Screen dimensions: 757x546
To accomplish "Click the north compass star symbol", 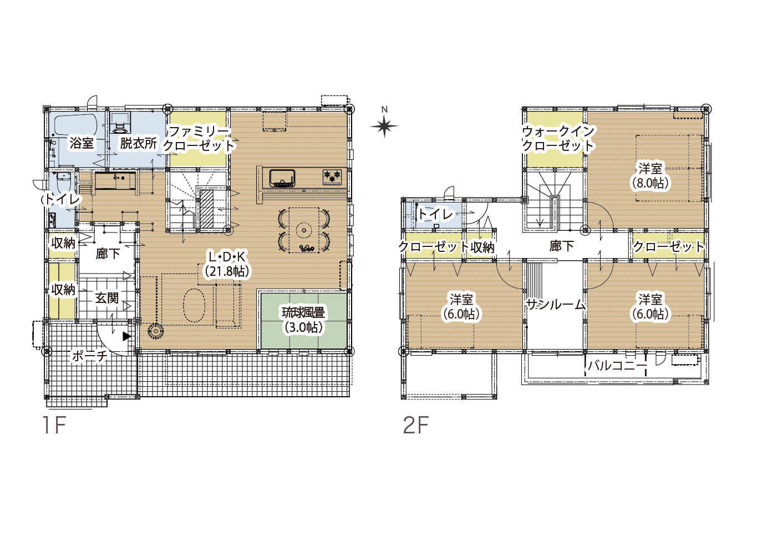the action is [x=384, y=127].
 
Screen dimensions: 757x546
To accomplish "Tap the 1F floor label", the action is [x=54, y=425].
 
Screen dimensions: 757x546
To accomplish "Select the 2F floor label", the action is [x=416, y=425].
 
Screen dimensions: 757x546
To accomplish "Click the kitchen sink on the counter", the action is [x=282, y=178].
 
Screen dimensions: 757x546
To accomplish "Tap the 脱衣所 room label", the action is [x=139, y=143].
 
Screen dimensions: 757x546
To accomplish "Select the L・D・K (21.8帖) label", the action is [x=226, y=264].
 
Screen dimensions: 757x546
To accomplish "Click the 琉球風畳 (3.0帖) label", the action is [x=303, y=320].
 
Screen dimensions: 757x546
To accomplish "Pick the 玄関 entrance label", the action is [x=107, y=298].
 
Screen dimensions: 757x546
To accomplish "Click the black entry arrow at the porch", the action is [x=127, y=336].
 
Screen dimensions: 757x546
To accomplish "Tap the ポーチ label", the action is [x=89, y=356].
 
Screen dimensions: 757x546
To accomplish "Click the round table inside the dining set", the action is [x=303, y=231].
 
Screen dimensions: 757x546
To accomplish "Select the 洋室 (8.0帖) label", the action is [x=650, y=176].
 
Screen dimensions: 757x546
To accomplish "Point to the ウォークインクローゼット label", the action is [x=558, y=139].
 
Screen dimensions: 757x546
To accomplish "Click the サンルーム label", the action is [x=556, y=305].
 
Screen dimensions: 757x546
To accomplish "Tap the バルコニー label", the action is [x=617, y=366].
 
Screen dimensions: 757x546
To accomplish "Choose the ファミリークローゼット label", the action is [x=199, y=139].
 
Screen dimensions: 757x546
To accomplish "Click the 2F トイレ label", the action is [x=435, y=214].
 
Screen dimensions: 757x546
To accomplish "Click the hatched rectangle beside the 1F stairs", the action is [x=207, y=209].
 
